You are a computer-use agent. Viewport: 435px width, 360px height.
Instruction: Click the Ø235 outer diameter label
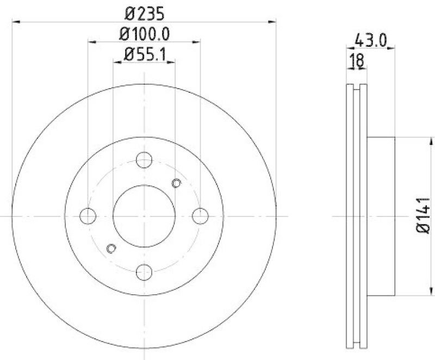point(144,13)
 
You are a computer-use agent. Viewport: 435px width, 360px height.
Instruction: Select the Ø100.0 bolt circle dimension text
point(144,34)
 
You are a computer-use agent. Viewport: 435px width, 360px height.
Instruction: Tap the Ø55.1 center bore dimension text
point(144,54)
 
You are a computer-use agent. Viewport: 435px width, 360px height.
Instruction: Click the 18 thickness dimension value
point(357,60)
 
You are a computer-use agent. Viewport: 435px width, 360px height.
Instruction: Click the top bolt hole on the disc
point(144,160)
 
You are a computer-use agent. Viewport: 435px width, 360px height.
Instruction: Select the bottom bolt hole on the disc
point(144,272)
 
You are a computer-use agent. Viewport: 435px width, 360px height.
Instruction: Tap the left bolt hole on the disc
point(88,216)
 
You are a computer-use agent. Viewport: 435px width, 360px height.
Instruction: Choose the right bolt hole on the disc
point(201,216)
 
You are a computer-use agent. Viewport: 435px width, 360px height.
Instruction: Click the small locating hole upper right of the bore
point(176,183)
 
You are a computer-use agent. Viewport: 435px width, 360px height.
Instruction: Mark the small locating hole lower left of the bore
point(111,249)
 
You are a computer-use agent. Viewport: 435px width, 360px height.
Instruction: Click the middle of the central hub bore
point(144,216)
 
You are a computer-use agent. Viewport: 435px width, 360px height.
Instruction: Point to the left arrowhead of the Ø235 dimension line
point(15,22)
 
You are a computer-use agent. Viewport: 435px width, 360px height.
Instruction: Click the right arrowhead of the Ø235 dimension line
point(273,22)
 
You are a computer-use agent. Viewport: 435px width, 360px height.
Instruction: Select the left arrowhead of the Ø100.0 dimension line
point(91,42)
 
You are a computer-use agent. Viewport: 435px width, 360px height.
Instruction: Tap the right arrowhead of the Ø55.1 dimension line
point(172,63)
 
